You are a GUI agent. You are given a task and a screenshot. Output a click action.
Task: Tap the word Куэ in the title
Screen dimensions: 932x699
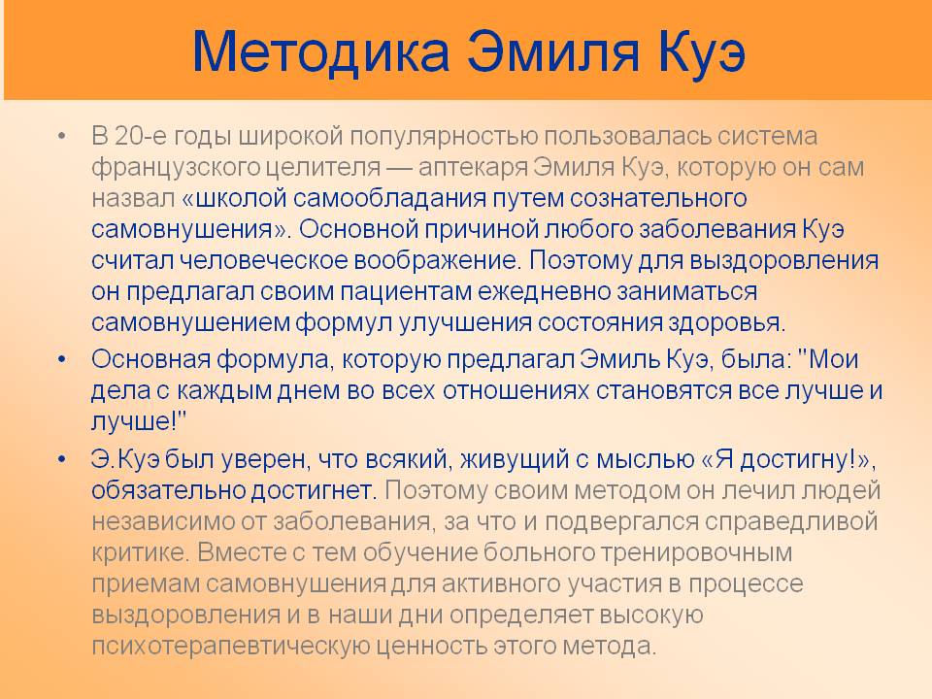(702, 51)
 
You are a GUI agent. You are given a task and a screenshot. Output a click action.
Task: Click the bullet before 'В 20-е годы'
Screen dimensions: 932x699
(62, 137)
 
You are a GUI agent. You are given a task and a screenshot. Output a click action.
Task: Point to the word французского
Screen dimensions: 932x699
(176, 168)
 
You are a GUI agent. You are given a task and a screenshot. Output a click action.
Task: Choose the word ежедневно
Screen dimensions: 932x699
(545, 291)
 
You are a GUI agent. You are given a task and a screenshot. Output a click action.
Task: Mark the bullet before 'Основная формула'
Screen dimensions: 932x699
(62, 359)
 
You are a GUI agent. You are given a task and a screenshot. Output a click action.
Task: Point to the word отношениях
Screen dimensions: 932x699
(516, 390)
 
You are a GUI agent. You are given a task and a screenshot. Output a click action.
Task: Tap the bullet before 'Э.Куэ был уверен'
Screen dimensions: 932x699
(62, 459)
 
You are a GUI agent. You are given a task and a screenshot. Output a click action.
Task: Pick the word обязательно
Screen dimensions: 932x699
(168, 490)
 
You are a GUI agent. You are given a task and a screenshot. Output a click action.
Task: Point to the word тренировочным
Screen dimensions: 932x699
(696, 552)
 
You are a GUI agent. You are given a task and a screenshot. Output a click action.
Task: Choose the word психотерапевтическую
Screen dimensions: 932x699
(231, 646)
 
